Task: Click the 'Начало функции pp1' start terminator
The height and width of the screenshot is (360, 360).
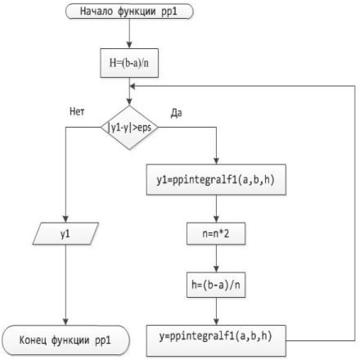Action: point(129,11)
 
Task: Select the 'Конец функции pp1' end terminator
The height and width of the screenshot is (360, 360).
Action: point(65,340)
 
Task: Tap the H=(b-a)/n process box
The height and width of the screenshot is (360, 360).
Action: point(129,63)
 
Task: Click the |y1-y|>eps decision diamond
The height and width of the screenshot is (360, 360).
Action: point(129,128)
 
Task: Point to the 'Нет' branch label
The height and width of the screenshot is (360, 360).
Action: point(77,111)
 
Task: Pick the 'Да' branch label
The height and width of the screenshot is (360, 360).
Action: point(177,113)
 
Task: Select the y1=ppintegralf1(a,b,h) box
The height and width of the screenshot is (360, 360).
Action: point(216,179)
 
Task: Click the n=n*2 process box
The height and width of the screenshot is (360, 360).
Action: point(216,234)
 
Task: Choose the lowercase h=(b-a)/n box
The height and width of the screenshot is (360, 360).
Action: point(216,285)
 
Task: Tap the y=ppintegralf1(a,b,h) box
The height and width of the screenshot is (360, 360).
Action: point(216,340)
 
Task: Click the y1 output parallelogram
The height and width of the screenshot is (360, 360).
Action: point(65,234)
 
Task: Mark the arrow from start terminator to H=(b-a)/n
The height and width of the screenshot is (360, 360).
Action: point(129,34)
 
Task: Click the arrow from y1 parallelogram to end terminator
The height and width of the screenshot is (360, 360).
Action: point(65,285)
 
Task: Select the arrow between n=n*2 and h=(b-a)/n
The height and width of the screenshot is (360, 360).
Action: point(216,259)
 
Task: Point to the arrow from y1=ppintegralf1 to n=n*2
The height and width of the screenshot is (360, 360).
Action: point(216,209)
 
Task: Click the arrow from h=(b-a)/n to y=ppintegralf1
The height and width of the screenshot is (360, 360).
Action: point(216,311)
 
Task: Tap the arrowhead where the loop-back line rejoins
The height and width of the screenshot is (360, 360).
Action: point(133,86)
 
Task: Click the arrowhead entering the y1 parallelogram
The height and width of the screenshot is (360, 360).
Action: point(65,219)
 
